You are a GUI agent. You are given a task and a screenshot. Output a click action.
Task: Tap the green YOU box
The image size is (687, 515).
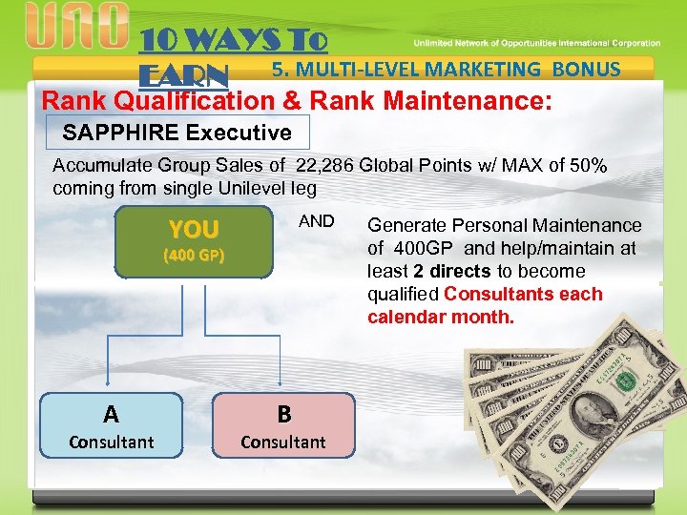click(194, 241)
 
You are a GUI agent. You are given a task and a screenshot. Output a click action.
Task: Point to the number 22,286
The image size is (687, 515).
click(326, 165)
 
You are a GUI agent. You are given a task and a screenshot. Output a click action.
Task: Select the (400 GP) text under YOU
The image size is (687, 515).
click(194, 256)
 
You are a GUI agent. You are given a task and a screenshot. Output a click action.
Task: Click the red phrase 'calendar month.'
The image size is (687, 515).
click(441, 316)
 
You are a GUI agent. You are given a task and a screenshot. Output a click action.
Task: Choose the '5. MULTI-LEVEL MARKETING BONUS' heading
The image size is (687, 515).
click(446, 69)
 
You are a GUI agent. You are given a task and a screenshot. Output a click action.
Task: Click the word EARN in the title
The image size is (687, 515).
click(184, 75)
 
